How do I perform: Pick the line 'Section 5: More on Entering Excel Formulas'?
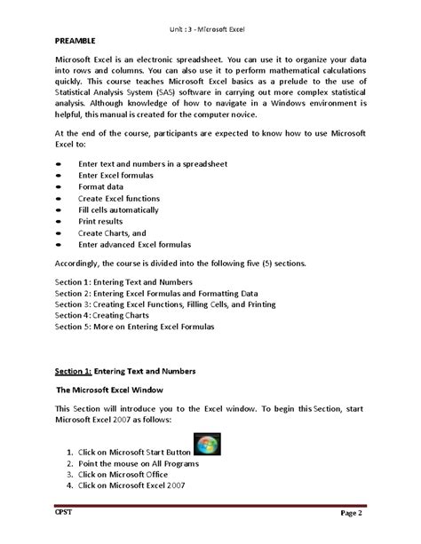(x=147, y=326)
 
